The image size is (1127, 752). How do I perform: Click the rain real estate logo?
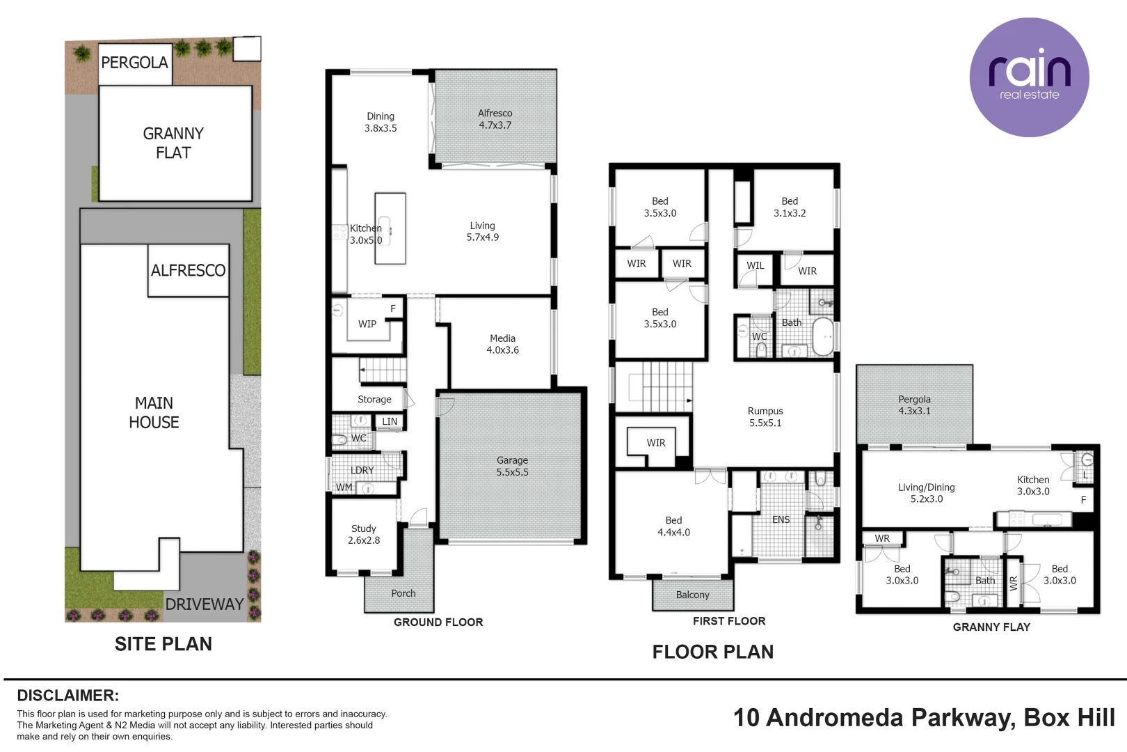click(x=1030, y=77)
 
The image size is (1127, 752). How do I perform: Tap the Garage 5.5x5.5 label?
click(x=512, y=466)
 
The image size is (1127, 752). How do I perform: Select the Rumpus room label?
click(x=765, y=416)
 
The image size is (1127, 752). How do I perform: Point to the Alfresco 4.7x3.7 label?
click(x=495, y=119)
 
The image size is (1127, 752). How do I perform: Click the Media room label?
click(x=502, y=344)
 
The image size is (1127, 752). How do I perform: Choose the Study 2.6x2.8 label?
click(x=364, y=534)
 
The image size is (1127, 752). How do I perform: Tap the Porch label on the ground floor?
click(x=403, y=593)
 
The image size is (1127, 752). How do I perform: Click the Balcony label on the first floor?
click(x=693, y=595)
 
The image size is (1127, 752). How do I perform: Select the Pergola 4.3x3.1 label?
click(x=914, y=405)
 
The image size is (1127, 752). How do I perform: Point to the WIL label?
click(x=756, y=265)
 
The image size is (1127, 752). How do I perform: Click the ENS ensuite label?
click(x=781, y=519)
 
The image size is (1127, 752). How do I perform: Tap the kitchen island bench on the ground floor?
click(x=390, y=228)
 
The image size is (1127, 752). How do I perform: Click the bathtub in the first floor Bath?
click(x=822, y=336)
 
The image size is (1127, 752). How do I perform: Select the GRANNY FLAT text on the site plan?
click(x=174, y=143)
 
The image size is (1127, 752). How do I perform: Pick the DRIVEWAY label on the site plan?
click(x=205, y=604)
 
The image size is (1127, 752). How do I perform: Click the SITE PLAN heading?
click(x=163, y=643)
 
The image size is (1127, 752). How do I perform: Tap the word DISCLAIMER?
click(x=68, y=696)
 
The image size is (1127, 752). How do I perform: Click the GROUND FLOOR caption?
click(x=438, y=622)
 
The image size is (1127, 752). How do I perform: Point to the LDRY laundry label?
click(x=362, y=470)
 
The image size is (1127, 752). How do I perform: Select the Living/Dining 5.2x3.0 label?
click(x=926, y=493)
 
